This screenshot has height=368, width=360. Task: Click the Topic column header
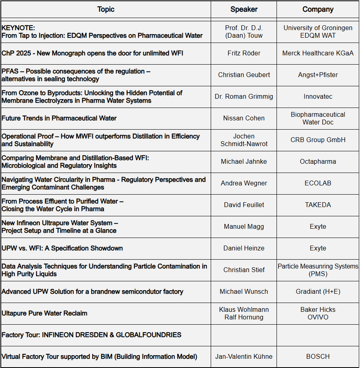[x=106, y=9]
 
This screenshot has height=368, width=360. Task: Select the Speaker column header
[x=244, y=9]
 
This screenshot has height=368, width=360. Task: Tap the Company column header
[x=318, y=9]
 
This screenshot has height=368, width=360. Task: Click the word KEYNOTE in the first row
[x=18, y=28]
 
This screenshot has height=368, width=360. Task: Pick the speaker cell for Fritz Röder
[x=244, y=53]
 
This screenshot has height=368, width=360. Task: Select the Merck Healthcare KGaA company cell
[x=318, y=53]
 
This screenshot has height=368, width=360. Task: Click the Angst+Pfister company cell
[x=318, y=75]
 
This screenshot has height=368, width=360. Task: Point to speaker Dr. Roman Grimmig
[x=244, y=96]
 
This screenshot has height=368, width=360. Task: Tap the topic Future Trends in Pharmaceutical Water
[x=59, y=118]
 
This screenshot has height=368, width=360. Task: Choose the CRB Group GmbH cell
[x=318, y=140]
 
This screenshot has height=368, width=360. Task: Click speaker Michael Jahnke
[x=244, y=161]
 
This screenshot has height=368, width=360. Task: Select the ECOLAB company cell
[x=318, y=183]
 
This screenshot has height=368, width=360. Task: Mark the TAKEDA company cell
[x=318, y=205]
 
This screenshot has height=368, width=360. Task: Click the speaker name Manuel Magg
[x=244, y=226]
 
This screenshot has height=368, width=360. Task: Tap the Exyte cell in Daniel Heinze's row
[x=318, y=248]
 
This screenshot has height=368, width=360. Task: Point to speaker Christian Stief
[x=244, y=270]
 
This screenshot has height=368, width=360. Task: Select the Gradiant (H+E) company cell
[x=318, y=291]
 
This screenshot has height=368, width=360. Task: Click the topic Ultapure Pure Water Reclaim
[x=44, y=313]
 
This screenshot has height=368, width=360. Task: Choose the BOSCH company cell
[x=318, y=356]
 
